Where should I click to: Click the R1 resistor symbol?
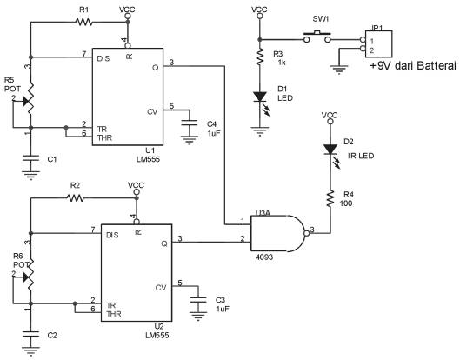click(83, 22)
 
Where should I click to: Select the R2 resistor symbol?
click(75, 198)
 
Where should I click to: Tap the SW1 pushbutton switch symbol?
click(317, 37)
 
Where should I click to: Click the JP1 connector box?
click(378, 44)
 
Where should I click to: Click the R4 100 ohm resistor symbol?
click(330, 199)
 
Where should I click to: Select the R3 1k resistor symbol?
click(260, 57)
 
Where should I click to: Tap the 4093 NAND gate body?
click(278, 234)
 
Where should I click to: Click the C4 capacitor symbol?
click(190, 123)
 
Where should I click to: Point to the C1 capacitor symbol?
click(30, 158)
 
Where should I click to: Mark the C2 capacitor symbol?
click(30, 335)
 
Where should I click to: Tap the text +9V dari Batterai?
click(414, 65)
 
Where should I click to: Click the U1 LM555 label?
click(149, 155)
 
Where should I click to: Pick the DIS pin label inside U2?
click(112, 235)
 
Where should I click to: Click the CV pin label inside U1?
click(152, 111)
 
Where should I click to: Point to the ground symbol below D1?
click(260, 131)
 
